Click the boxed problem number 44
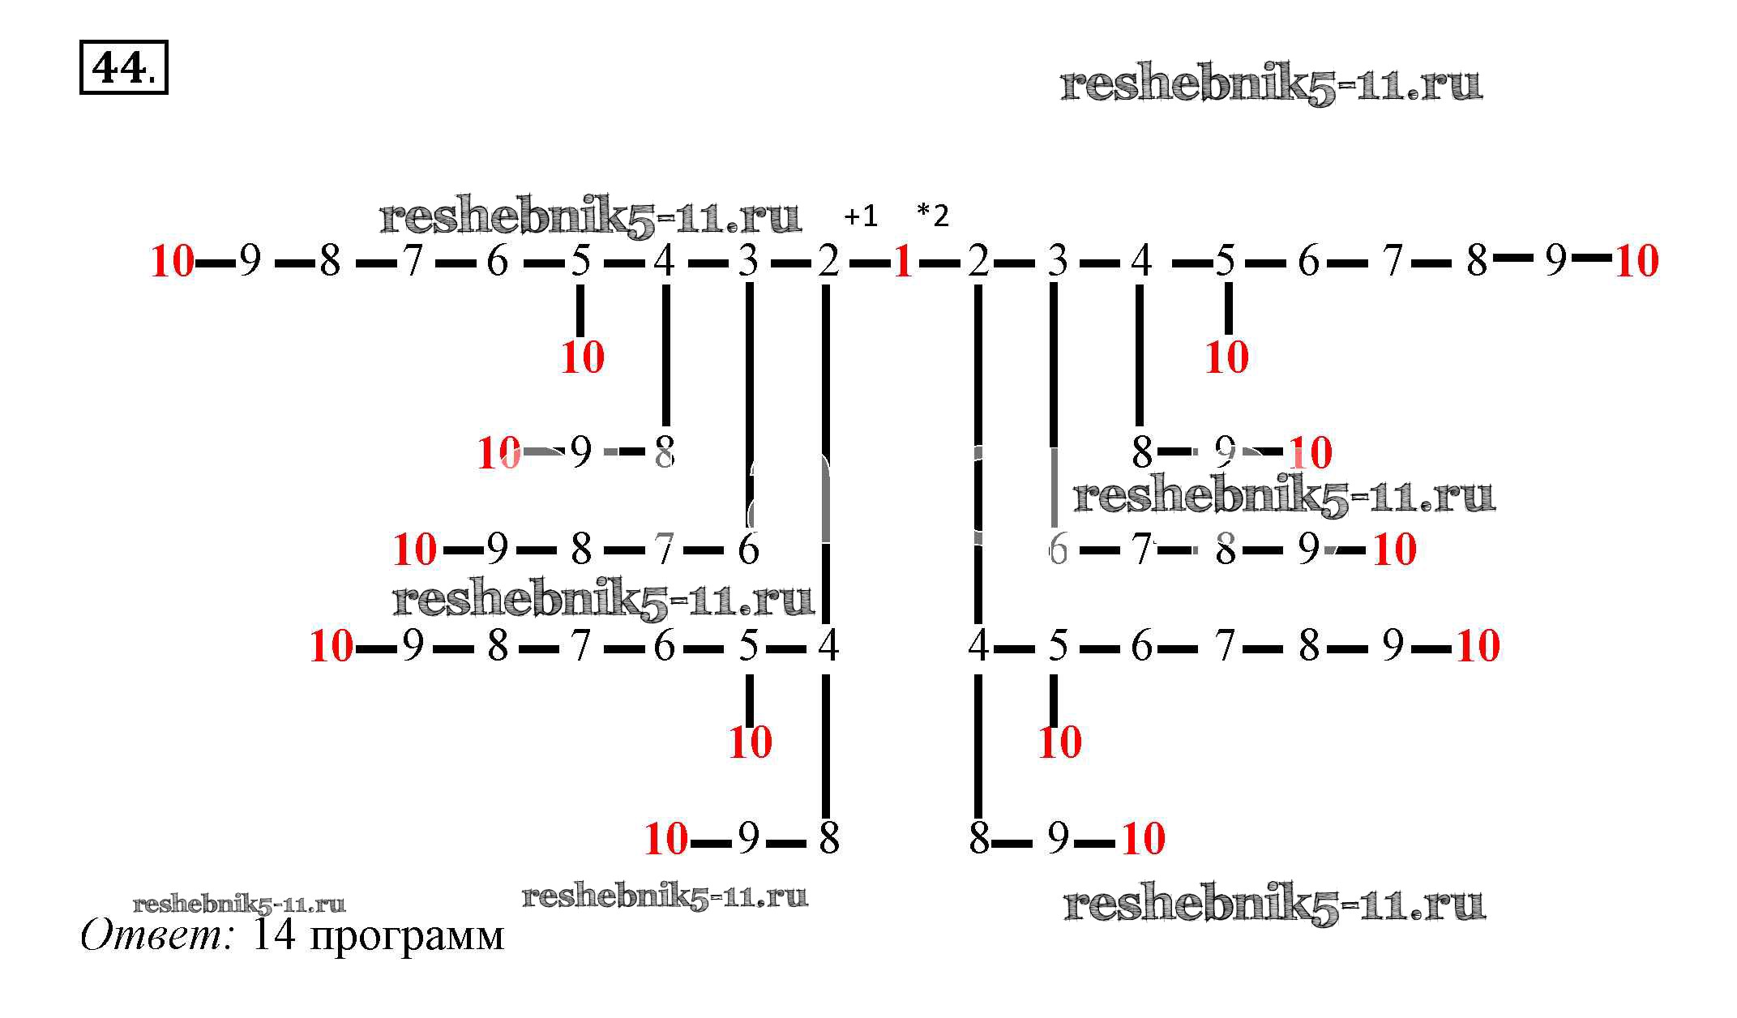[118, 68]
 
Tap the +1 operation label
[860, 216]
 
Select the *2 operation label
[932, 216]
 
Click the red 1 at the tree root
[903, 262]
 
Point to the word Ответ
[156, 935]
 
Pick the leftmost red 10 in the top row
[173, 262]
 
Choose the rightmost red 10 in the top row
[1636, 262]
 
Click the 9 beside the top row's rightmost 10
[1555, 261]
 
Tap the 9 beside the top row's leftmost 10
[250, 261]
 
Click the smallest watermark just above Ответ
[239, 905]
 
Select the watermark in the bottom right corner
[1273, 905]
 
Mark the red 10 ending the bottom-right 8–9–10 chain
[1143, 839]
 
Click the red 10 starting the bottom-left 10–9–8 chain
[665, 839]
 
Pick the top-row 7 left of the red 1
[413, 261]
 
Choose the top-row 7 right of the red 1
[1392, 261]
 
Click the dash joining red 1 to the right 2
[939, 263]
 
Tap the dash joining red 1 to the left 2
[869, 263]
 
